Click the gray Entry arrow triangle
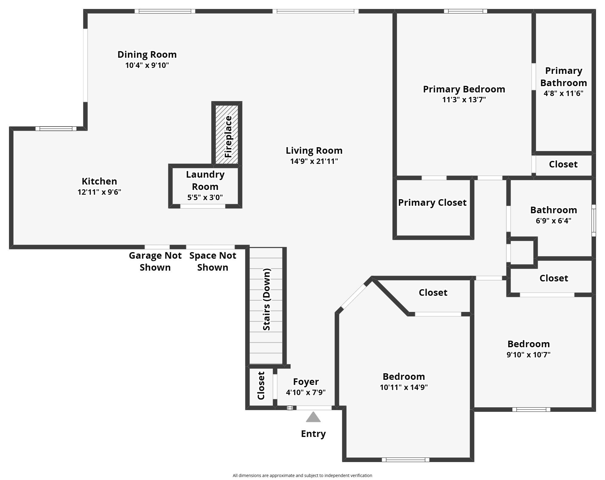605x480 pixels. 313,417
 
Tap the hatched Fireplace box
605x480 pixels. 227,134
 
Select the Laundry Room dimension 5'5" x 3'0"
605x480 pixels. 205,197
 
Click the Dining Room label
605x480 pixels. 147,54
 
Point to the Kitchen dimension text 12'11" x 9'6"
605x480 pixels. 99,192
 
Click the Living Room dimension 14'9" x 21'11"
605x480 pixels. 314,161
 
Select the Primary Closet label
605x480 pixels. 432,202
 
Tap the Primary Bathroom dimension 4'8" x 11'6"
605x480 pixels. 563,93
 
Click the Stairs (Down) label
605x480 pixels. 266,299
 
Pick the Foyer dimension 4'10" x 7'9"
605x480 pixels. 306,392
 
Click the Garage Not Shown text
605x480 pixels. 155,261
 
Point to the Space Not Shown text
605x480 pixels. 213,261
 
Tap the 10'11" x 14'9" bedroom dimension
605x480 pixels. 404,387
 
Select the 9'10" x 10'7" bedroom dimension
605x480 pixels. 528,355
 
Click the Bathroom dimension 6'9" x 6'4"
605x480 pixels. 554,221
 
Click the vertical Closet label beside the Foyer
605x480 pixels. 261,385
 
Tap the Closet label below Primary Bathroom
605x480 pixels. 563,164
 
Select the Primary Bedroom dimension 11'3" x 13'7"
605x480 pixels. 464,100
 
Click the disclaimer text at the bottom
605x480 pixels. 302,476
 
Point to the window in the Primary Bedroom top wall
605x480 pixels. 465,11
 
